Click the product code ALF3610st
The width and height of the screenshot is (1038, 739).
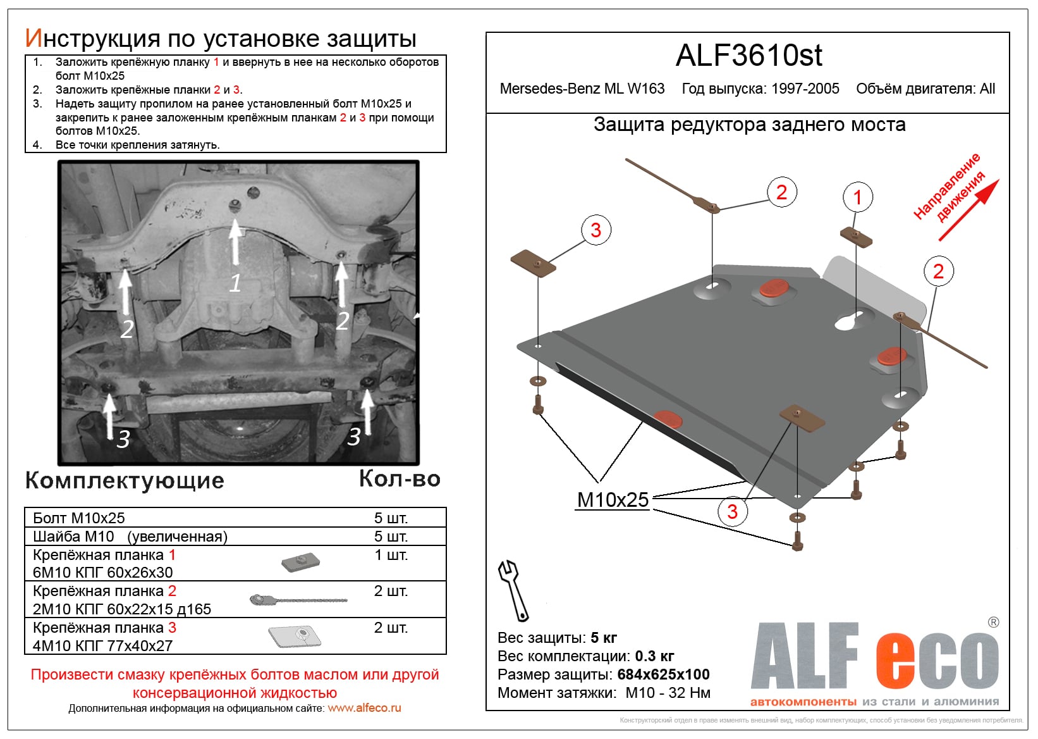click(x=748, y=56)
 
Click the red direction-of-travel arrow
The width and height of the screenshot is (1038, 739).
click(x=969, y=210)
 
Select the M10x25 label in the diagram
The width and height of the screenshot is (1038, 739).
click(x=613, y=500)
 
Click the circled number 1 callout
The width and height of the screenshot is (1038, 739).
click(x=857, y=197)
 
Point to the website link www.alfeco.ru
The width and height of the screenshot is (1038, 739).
click(x=364, y=708)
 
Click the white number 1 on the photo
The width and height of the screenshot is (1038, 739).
click(x=235, y=283)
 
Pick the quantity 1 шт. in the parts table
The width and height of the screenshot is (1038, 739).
click(x=391, y=555)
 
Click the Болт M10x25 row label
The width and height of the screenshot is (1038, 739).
click(x=79, y=518)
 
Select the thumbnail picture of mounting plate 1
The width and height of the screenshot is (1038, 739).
click(x=300, y=562)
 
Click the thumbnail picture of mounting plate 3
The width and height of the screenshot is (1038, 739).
click(x=295, y=637)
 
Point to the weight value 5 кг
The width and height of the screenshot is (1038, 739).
click(x=604, y=638)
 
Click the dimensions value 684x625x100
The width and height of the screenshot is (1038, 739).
click(x=663, y=674)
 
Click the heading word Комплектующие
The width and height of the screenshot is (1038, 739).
click(x=125, y=480)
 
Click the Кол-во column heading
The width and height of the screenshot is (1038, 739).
click(x=400, y=479)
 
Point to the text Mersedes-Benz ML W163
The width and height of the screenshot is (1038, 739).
click(x=582, y=89)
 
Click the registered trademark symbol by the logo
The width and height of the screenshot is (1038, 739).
click(x=993, y=623)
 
